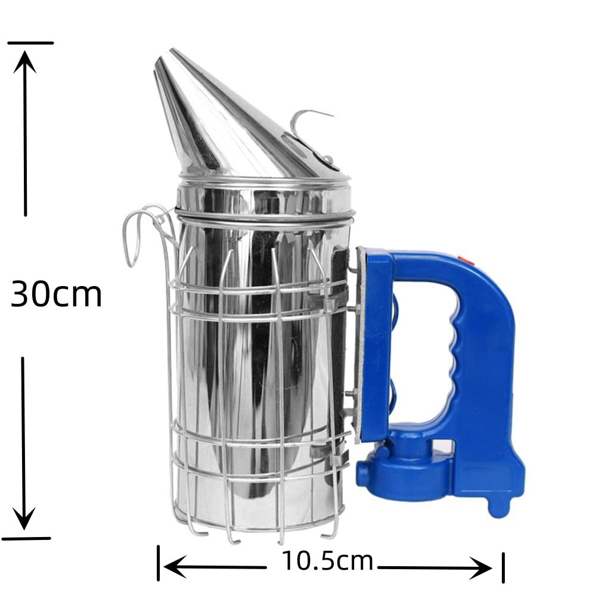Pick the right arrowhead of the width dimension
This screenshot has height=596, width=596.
pos(480,568)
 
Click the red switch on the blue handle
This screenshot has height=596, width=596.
pos(465,260)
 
